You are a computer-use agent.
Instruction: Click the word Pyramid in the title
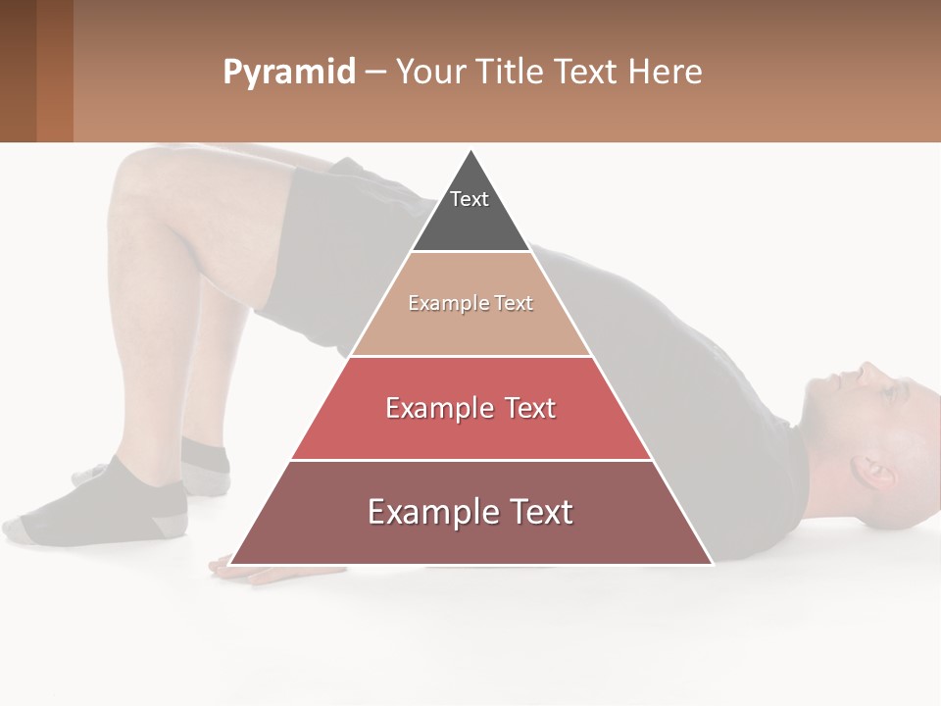point(288,73)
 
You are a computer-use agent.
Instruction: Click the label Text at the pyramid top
point(470,199)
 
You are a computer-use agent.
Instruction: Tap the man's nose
point(867,371)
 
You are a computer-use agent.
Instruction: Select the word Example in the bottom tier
point(424,512)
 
